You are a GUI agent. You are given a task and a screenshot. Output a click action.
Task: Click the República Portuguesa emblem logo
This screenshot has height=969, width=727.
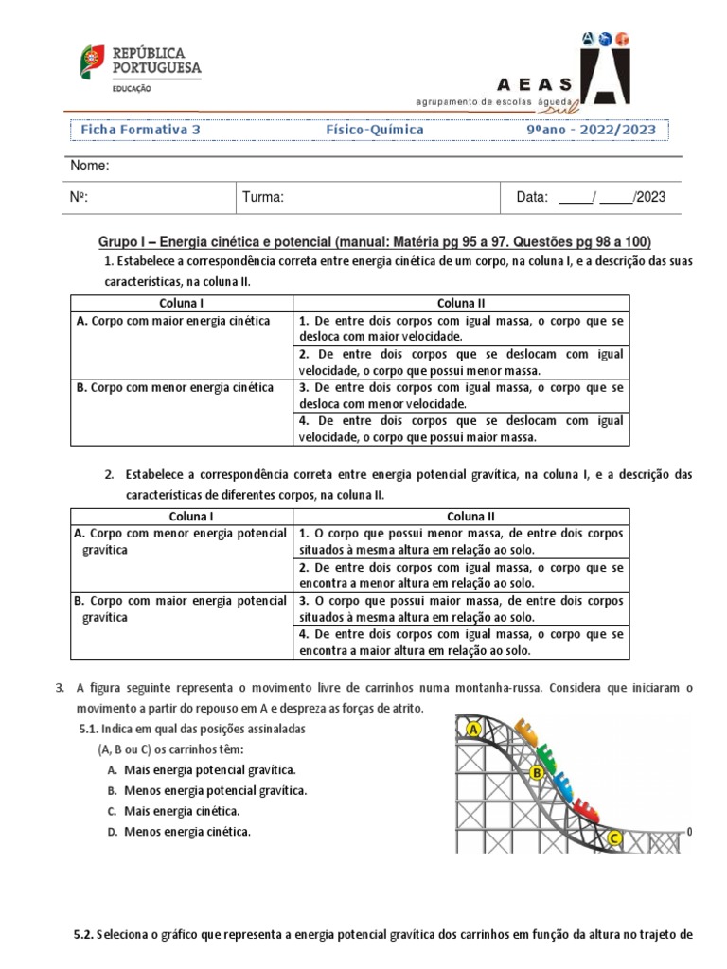click(93, 62)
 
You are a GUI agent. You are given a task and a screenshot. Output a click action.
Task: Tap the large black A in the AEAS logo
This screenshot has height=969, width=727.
click(605, 69)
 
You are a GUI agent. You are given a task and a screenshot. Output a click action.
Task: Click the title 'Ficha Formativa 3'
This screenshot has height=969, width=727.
click(140, 130)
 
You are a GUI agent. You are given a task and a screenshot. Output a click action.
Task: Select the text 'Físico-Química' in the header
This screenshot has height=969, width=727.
click(375, 130)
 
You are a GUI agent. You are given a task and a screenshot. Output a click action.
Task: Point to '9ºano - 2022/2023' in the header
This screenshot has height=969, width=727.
click(584, 130)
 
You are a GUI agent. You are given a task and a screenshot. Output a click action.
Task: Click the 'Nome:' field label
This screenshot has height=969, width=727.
click(91, 167)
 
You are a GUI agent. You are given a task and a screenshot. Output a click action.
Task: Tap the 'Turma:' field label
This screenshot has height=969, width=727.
click(263, 197)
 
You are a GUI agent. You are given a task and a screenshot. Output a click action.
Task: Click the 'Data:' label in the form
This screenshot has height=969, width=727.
click(532, 197)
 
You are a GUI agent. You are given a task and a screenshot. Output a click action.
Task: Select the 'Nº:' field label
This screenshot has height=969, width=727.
click(80, 197)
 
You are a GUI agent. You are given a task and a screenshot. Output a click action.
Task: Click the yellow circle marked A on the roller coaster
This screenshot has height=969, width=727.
click(473, 730)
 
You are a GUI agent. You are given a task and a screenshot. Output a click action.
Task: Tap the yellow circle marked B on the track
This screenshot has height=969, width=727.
click(536, 773)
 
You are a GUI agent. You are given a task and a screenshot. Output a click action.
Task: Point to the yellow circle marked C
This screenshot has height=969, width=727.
click(613, 838)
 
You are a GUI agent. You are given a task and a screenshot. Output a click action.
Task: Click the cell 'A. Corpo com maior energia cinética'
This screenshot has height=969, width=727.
click(172, 321)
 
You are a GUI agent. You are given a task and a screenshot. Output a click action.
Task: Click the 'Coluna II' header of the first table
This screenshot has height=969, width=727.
click(460, 303)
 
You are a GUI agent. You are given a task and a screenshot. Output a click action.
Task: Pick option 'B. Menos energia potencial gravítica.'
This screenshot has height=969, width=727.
click(206, 790)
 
